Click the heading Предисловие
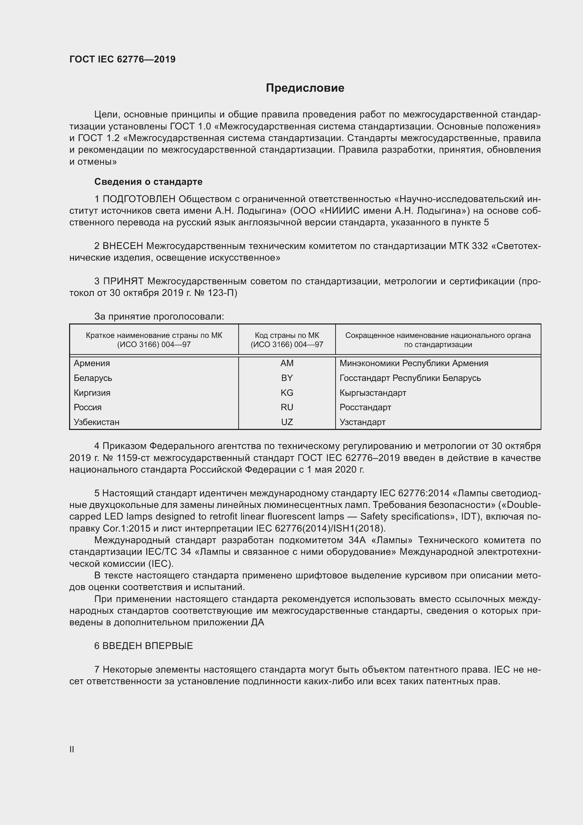click(305, 88)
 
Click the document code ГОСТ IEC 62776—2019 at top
click(122, 59)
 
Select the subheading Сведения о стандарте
click(148, 182)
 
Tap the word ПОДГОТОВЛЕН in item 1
click(139, 199)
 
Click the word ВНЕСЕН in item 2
click(123, 246)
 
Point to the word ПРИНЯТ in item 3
click(123, 281)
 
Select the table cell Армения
click(92, 363)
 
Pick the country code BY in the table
click(287, 378)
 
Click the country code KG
click(287, 393)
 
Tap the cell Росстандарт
click(365, 407)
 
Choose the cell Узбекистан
click(97, 422)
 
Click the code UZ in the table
click(287, 422)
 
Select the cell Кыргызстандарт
click(373, 393)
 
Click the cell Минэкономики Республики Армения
click(413, 363)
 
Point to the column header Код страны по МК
click(287, 335)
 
